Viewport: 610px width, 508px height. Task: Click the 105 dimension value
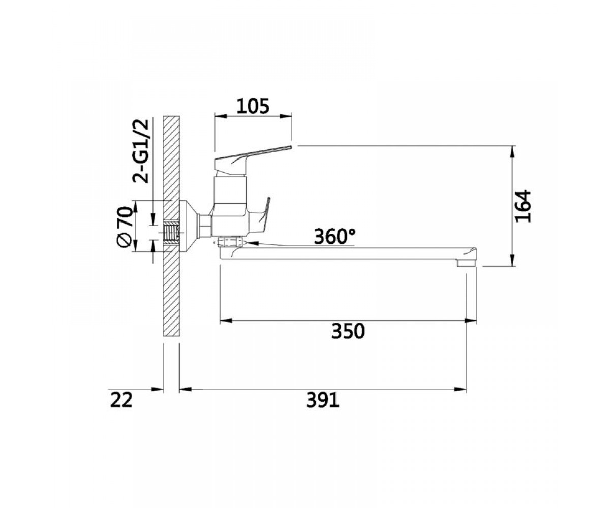coord(253,106)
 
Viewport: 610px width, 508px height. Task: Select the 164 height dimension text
coord(523,206)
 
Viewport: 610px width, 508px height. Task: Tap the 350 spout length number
coord(348,331)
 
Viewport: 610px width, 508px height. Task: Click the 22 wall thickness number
coord(121,400)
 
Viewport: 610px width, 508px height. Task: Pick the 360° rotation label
coord(335,236)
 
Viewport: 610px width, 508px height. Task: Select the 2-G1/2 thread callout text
coord(141,151)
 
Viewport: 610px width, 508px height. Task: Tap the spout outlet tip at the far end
coord(467,263)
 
